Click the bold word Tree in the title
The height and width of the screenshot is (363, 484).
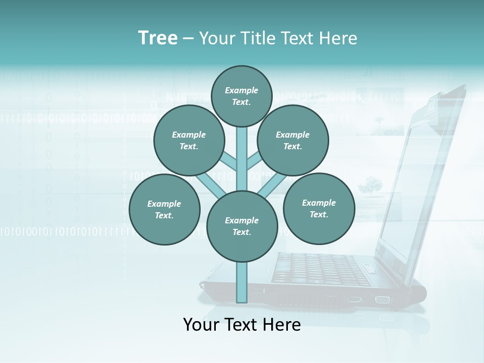coord(158,38)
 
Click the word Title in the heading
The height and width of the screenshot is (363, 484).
coord(258,38)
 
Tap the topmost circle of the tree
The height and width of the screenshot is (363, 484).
coord(241,96)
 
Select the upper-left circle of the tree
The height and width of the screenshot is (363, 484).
coord(189,140)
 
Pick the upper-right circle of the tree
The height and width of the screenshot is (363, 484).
coord(293,140)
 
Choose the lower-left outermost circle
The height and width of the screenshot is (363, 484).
coord(164,209)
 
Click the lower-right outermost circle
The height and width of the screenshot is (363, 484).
coord(319,208)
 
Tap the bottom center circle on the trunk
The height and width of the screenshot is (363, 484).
coord(242,226)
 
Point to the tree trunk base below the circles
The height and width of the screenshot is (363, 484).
coord(242,282)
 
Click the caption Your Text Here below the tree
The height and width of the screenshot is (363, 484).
coord(242,325)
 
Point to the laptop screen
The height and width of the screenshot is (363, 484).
coord(413,192)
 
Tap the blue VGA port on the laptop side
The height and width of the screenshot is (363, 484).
coord(382,300)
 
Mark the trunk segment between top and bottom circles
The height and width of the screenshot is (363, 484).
coord(242,156)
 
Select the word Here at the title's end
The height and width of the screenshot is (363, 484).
coord(340,38)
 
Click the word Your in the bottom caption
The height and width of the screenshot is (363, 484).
coord(201,325)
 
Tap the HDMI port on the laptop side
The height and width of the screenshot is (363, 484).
coord(354,299)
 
